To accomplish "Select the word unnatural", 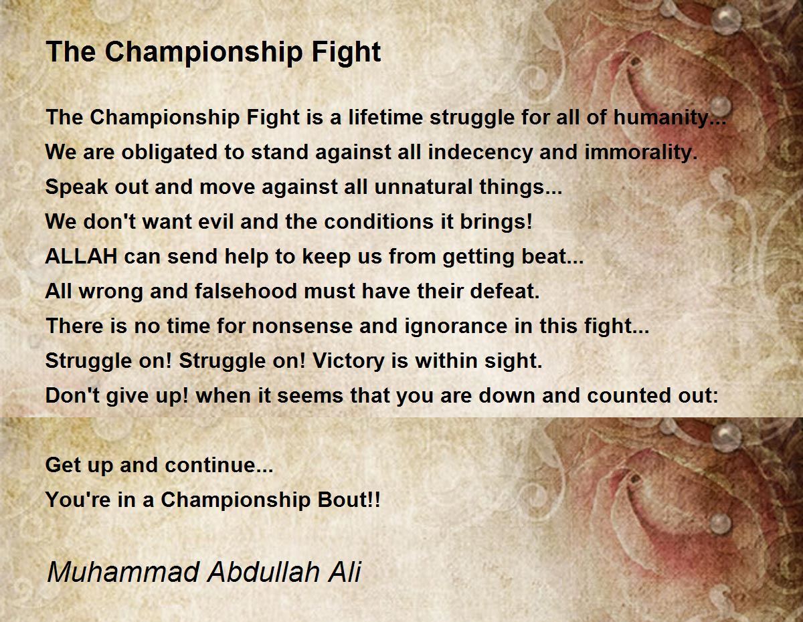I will [x=420, y=187].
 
